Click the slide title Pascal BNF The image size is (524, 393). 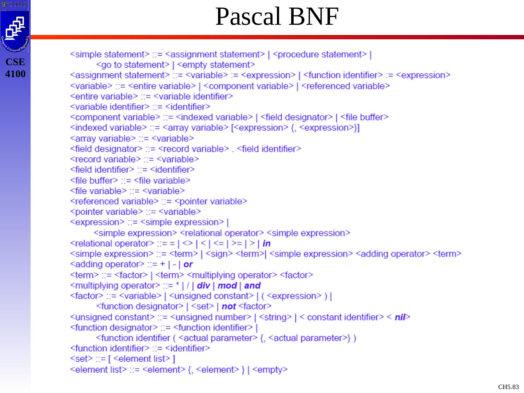tap(277, 17)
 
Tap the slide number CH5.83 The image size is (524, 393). tap(508, 387)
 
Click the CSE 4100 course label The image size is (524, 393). tap(15, 68)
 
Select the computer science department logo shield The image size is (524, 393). tap(15, 31)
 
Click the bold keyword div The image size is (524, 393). tap(203, 286)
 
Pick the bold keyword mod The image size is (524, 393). tap(227, 286)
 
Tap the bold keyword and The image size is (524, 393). tap(253, 286)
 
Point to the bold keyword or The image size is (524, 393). tap(188, 265)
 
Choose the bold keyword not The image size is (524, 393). tap(229, 307)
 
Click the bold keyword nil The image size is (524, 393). tap(400, 317)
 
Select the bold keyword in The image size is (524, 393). tap(266, 243)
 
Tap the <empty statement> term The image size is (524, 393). tap(216, 65)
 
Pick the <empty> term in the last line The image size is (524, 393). tap(270, 370)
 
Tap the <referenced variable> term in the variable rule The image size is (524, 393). tap(346, 86)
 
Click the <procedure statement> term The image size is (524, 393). tap(320, 55)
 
